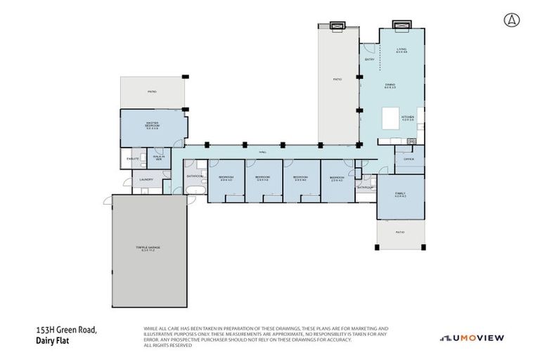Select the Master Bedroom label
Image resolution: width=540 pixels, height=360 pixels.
[x=152, y=125]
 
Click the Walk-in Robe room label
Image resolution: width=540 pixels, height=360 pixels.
[x=158, y=159]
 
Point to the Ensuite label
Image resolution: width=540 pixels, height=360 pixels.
[x=133, y=159]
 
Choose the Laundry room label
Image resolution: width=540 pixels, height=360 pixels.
[x=146, y=180]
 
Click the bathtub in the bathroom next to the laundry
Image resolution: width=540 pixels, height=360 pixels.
[x=194, y=191]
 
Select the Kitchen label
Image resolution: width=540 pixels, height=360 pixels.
[x=408, y=118]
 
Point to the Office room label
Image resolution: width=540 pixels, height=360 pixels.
[x=409, y=159]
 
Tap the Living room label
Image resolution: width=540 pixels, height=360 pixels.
[x=401, y=50]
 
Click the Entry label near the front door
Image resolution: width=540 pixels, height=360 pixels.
[x=369, y=59]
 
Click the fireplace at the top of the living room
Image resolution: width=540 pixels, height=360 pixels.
[x=402, y=26]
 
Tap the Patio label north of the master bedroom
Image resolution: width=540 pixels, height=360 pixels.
[x=151, y=92]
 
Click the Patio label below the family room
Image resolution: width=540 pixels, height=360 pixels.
[x=399, y=231]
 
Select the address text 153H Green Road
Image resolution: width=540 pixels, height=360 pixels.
[x=65, y=329]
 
